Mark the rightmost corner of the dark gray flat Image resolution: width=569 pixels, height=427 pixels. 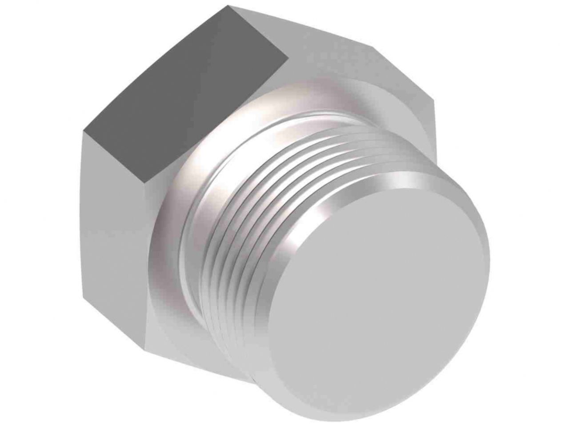coord(285,57)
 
